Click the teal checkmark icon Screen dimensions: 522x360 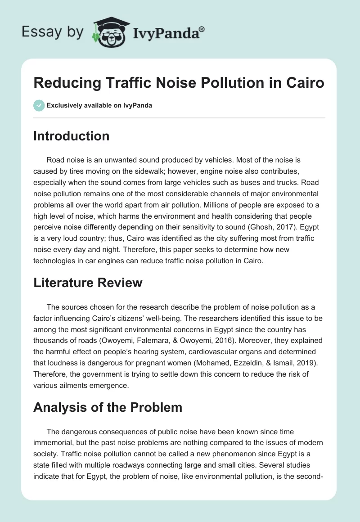coord(39,105)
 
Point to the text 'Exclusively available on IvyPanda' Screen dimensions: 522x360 coord(99,105)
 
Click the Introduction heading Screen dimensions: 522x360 coord(71,136)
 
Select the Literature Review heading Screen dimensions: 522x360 coord(88,283)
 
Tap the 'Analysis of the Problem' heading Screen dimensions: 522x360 coord(108,407)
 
